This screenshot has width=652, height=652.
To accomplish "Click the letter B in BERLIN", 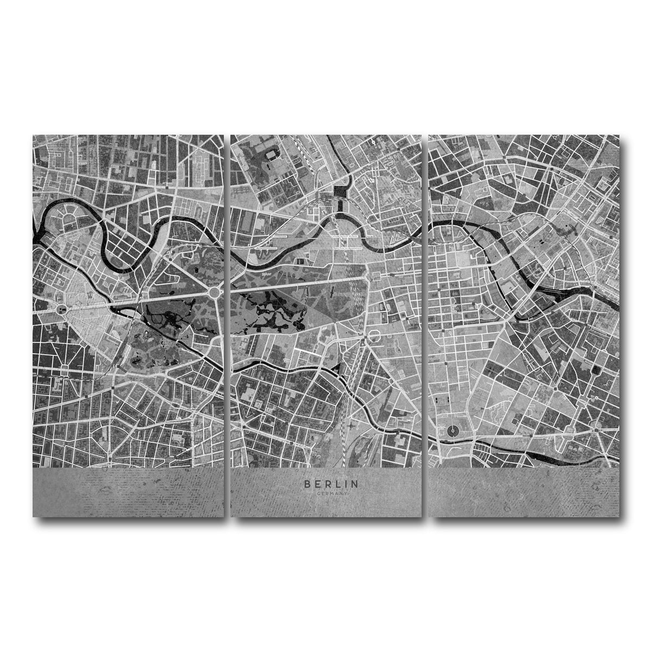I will point(307,482).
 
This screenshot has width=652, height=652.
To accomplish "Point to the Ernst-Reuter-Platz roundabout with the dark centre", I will point(61,309).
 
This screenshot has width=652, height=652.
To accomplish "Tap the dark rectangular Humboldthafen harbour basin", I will point(341,192).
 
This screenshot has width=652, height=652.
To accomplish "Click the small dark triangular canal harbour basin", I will point(338,369).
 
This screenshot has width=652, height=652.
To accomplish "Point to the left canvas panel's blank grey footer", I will point(128,492).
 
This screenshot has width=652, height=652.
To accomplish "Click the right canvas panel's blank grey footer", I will point(524,492).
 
